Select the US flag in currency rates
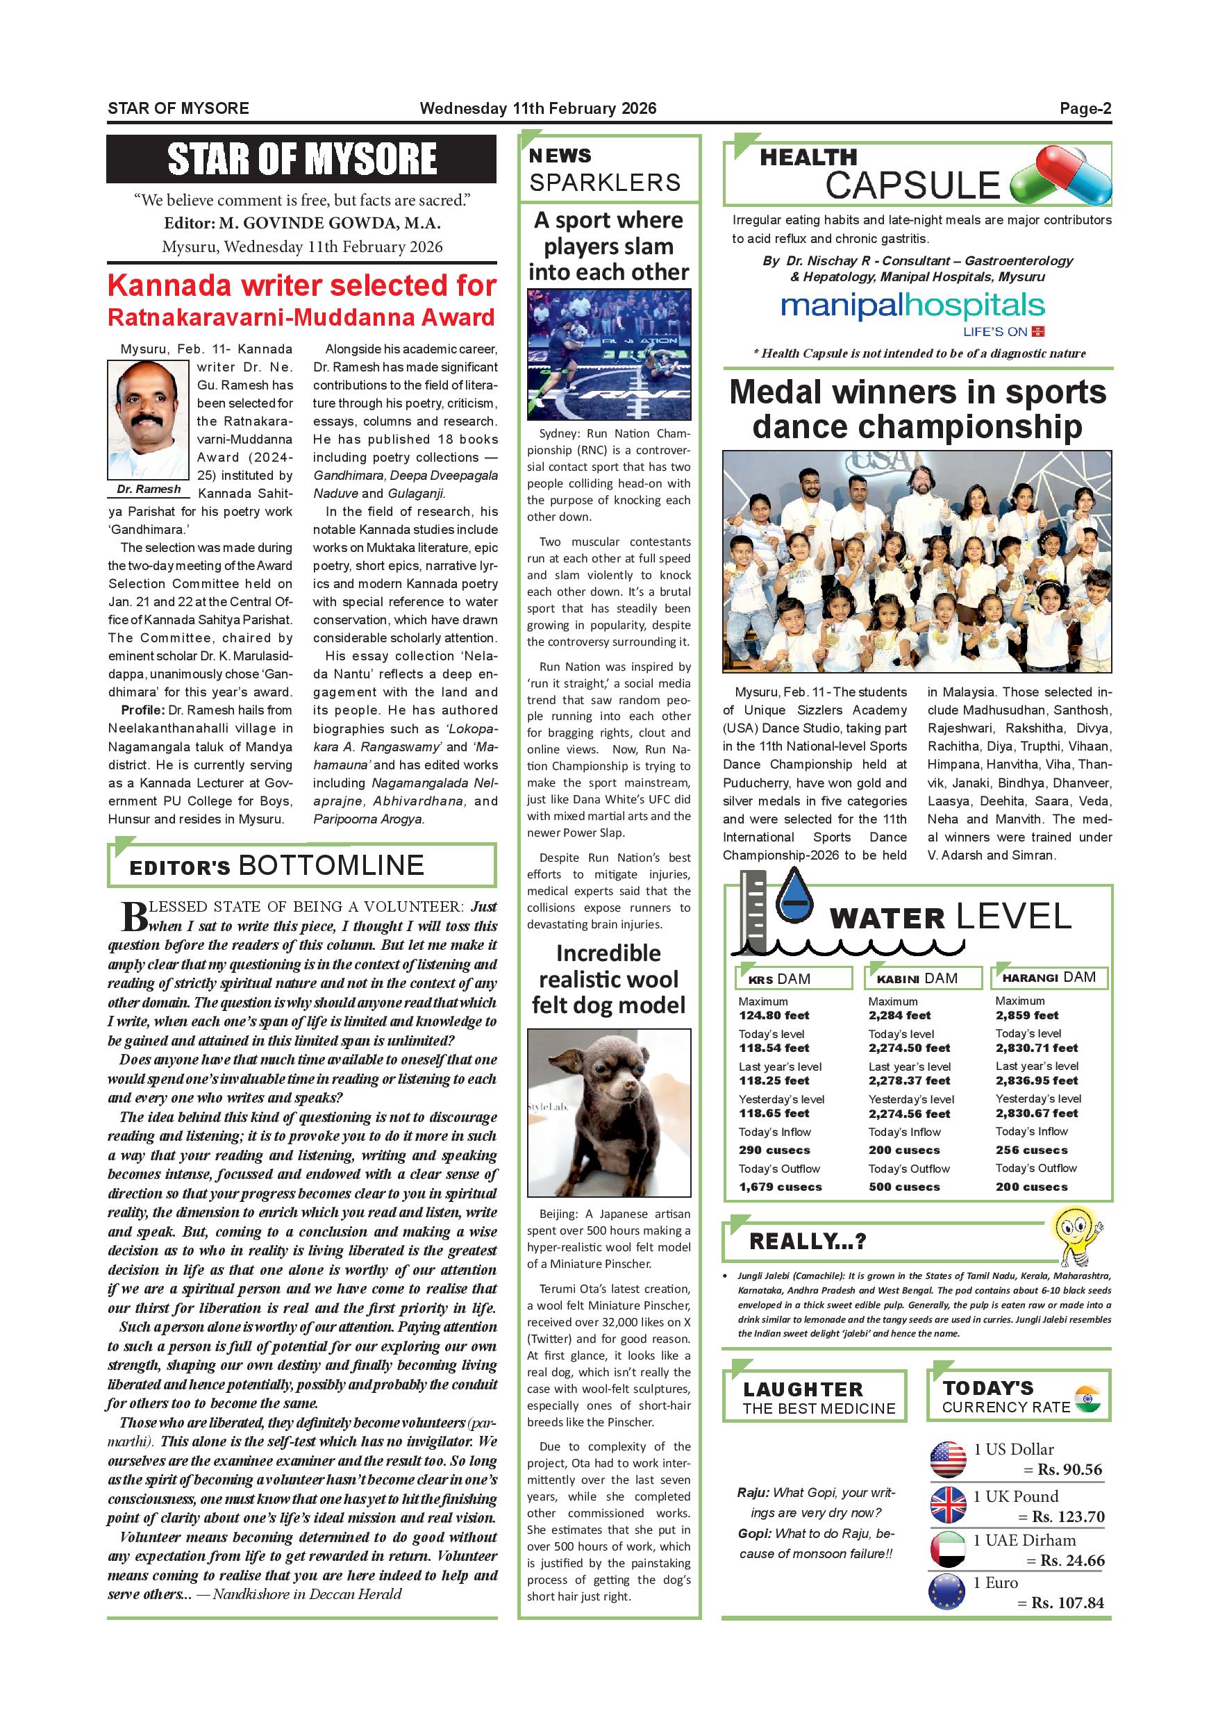[948, 1459]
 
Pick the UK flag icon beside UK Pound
[948, 1505]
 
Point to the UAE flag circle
[948, 1550]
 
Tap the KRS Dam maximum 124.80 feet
[774, 1016]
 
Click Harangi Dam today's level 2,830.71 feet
[1037, 1048]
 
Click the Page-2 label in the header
[1085, 108]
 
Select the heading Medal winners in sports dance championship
[917, 410]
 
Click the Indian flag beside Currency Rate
[1087, 1398]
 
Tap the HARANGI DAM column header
[1049, 977]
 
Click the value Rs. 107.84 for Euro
[1067, 1603]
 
